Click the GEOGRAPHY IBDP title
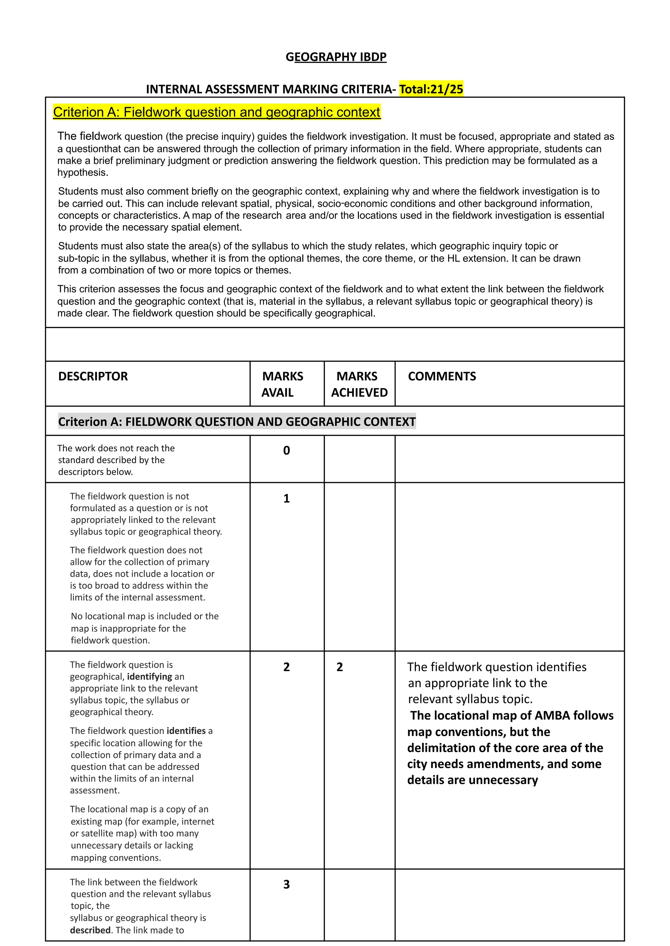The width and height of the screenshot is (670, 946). click(336, 57)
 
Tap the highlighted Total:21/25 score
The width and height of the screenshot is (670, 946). click(431, 89)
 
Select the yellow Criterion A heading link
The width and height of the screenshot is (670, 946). click(217, 112)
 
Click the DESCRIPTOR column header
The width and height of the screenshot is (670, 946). click(93, 376)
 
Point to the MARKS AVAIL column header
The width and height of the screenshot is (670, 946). click(282, 384)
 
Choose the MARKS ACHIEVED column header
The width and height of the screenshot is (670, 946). click(359, 384)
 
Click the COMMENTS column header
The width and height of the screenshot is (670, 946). click(442, 376)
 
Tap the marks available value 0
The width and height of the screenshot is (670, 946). click(286, 451)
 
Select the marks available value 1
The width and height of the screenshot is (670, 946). click(286, 499)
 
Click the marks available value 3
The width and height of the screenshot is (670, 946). click(286, 884)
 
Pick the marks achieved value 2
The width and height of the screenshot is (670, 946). click(340, 667)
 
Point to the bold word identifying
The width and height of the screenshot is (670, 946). click(150, 677)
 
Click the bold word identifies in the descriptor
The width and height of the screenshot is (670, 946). click(186, 731)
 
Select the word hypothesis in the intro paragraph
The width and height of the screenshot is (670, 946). click(82, 172)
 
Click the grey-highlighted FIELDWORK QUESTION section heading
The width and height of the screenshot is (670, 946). click(237, 421)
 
